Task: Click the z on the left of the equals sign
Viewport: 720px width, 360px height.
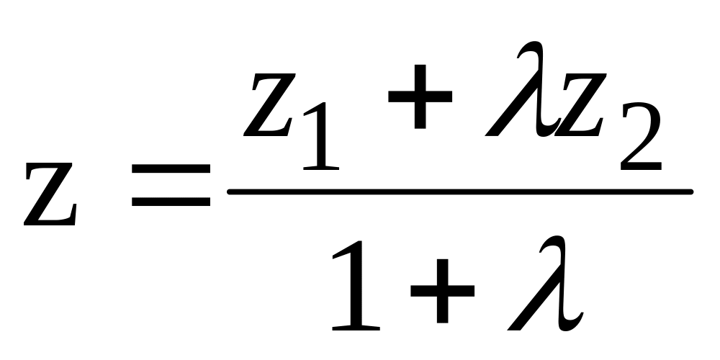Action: click(x=50, y=194)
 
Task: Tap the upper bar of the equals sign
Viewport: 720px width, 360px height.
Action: click(x=171, y=168)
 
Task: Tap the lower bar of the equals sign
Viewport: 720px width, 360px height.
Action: click(x=171, y=202)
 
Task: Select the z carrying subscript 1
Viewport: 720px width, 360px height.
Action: click(x=269, y=104)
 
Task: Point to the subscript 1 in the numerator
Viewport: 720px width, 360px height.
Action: click(x=321, y=136)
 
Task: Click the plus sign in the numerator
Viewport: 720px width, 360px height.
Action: click(x=420, y=96)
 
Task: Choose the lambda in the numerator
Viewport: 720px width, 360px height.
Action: click(x=523, y=89)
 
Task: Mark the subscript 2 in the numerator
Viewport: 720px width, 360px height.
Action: click(x=641, y=136)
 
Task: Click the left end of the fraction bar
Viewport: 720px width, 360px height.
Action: click(x=230, y=192)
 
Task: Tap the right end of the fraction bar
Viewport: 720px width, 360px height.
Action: click(x=690, y=192)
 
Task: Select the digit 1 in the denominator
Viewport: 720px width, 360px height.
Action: click(x=356, y=285)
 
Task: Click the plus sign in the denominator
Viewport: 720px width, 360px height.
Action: click(x=442, y=291)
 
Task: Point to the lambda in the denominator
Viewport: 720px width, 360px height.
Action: click(x=545, y=283)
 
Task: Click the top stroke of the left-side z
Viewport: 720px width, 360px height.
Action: click(x=50, y=166)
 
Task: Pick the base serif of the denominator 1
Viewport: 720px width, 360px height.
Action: click(x=356, y=328)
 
